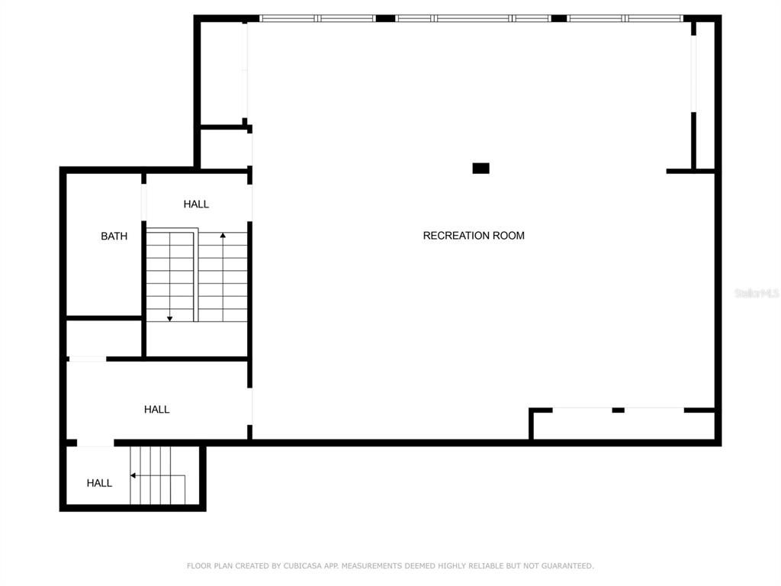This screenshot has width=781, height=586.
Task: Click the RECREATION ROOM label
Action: (x=474, y=236)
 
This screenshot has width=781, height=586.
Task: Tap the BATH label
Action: (x=114, y=237)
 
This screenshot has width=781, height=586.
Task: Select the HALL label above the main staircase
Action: (x=196, y=204)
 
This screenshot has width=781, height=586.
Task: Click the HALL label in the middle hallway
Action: (x=156, y=410)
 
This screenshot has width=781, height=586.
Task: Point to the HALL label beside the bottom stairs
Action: (x=99, y=483)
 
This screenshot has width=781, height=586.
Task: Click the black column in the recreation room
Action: (x=480, y=169)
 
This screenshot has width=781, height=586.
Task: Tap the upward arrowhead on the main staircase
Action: (x=223, y=236)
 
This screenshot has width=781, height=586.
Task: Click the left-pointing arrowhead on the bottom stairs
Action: (x=133, y=475)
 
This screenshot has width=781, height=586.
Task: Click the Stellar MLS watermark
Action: (x=756, y=293)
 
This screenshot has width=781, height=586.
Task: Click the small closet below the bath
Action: (x=104, y=338)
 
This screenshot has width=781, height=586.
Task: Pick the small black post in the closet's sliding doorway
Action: (x=618, y=411)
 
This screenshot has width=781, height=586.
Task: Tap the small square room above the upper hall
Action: (x=224, y=149)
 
